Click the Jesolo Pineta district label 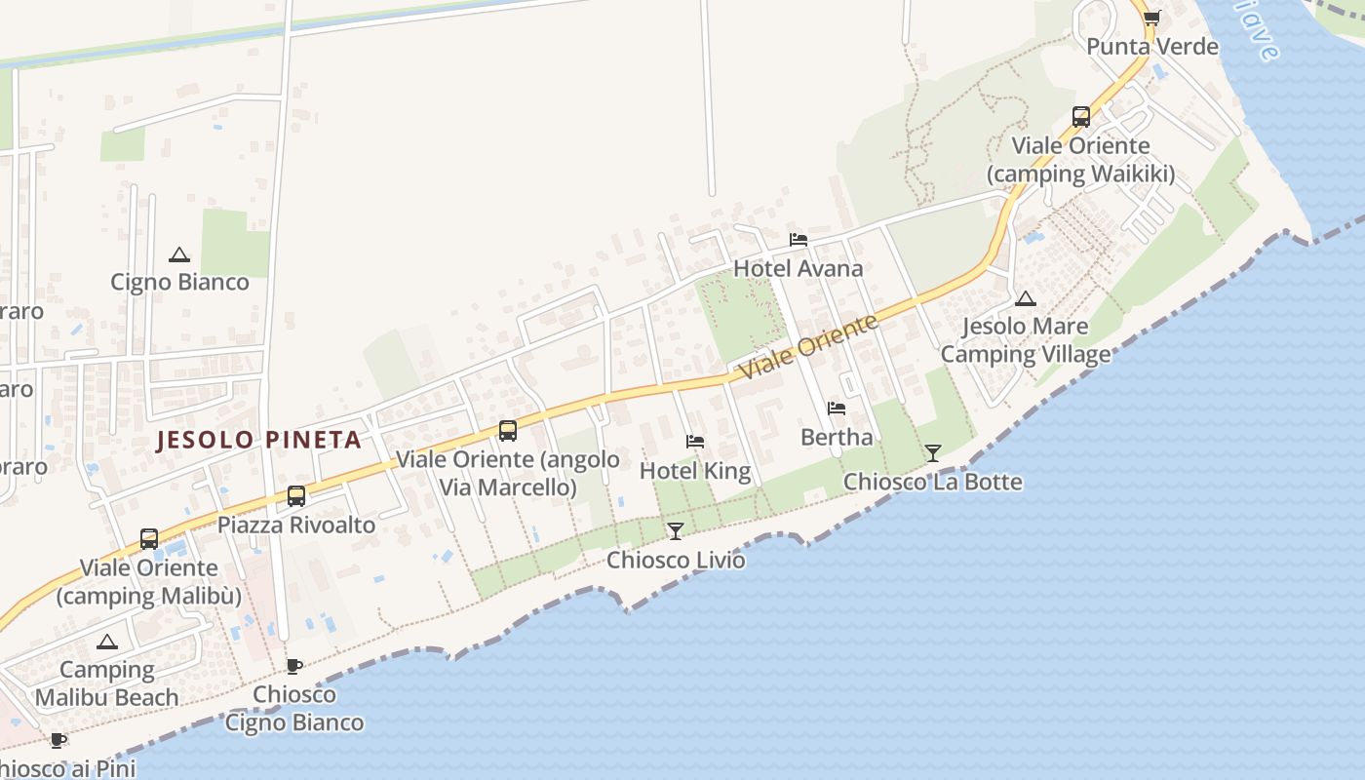[259, 440]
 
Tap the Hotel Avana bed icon [799, 240]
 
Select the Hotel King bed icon [695, 442]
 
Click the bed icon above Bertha [837, 409]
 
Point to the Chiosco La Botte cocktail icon [933, 452]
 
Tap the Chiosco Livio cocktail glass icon [675, 530]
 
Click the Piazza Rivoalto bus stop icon [296, 496]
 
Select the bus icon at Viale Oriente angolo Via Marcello [508, 430]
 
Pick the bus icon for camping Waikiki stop [1081, 117]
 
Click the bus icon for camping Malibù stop [149, 538]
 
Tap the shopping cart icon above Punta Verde [1151, 18]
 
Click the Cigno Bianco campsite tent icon [178, 255]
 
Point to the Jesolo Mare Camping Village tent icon [1025, 299]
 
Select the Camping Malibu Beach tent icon [107, 642]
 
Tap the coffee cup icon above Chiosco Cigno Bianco [293, 666]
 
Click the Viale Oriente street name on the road [808, 348]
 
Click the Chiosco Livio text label [676, 561]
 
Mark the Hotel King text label [695, 471]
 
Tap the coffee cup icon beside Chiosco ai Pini [58, 740]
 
